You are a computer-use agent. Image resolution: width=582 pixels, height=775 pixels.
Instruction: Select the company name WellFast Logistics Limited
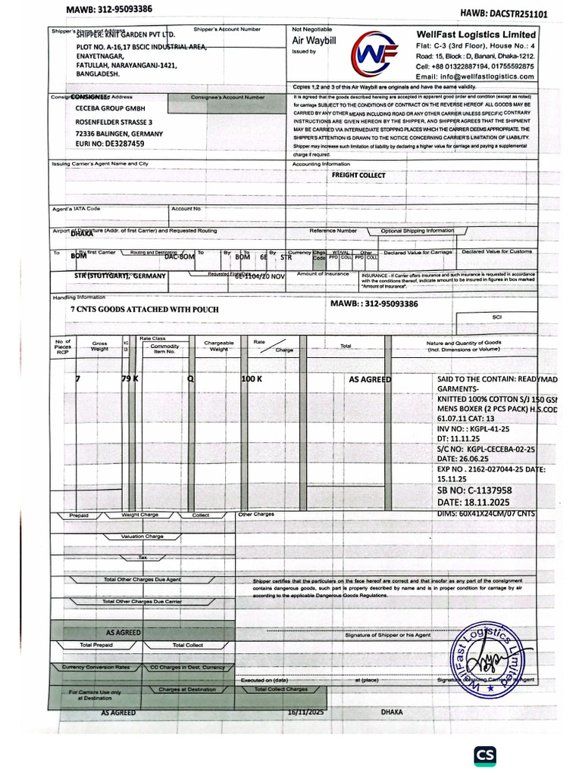coord(476,35)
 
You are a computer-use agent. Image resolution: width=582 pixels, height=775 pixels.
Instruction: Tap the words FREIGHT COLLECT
coord(358,175)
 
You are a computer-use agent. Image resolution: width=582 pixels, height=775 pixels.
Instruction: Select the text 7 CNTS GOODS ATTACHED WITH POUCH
coord(144,310)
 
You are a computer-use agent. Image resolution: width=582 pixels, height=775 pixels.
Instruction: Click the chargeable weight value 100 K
coord(252,378)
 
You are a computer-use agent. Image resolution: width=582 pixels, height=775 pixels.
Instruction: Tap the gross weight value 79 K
coord(130,378)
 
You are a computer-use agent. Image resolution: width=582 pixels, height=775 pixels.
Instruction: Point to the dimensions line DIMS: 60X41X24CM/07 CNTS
coord(486,513)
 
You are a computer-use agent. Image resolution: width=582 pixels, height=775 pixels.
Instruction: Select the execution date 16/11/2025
coord(305,712)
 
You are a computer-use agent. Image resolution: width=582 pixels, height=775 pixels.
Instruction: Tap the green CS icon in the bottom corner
coord(485,755)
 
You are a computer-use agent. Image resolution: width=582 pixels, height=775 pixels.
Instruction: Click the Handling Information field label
coord(79,297)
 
